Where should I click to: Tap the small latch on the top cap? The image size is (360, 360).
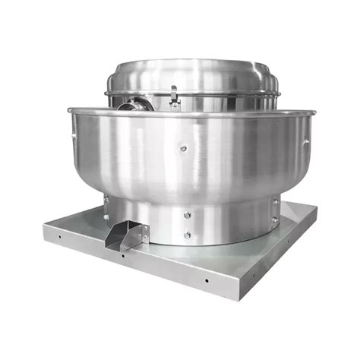pyautogui.click(x=175, y=94)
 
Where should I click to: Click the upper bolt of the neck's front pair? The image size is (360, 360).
pyautogui.click(x=187, y=215)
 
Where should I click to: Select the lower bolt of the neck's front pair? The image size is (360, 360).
pyautogui.click(x=186, y=235)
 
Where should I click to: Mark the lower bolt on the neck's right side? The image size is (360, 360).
pyautogui.click(x=275, y=220)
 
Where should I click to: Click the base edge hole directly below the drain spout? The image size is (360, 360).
pyautogui.click(x=122, y=255)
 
